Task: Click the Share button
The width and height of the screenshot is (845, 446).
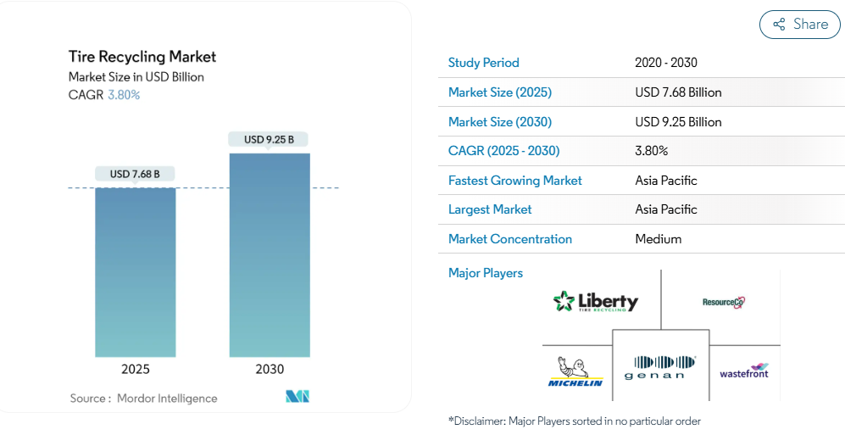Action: pos(799,25)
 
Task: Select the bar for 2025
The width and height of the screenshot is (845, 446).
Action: pos(136,271)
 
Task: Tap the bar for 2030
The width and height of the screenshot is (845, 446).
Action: pos(270,254)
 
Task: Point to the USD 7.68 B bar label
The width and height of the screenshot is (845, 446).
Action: pos(136,175)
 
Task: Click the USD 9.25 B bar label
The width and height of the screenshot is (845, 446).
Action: pos(270,139)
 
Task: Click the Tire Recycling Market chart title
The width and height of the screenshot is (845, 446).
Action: pos(142,57)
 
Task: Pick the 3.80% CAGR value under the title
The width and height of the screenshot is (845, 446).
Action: pos(124,95)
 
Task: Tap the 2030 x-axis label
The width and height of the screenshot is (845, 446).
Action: pos(270,370)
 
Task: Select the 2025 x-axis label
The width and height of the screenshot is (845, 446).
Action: pos(136,370)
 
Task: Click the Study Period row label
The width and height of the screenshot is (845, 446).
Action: pos(484,63)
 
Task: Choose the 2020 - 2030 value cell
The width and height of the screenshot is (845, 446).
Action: pos(666,63)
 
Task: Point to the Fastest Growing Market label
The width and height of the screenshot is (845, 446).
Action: pos(515,181)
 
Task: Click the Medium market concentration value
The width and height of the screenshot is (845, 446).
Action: pos(659,239)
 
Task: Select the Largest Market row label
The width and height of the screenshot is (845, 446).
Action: pos(490,209)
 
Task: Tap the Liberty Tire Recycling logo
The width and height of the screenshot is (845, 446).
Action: pos(595,301)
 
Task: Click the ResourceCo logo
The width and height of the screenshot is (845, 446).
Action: pos(723,302)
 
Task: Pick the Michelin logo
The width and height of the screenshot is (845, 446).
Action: pos(575,372)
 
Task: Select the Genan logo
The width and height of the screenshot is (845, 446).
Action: pos(660,367)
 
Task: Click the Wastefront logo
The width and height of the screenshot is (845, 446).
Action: pos(744,371)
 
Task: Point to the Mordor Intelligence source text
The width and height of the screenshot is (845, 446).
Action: pos(167,399)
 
